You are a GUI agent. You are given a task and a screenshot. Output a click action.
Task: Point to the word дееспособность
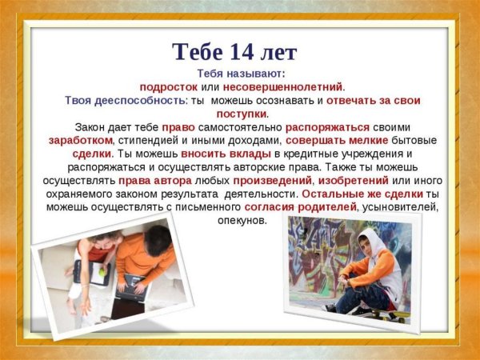tap(144, 101)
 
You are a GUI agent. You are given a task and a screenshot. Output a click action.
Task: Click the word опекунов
tap(242, 220)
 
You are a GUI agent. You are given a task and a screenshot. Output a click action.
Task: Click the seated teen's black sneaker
tap(330, 307)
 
